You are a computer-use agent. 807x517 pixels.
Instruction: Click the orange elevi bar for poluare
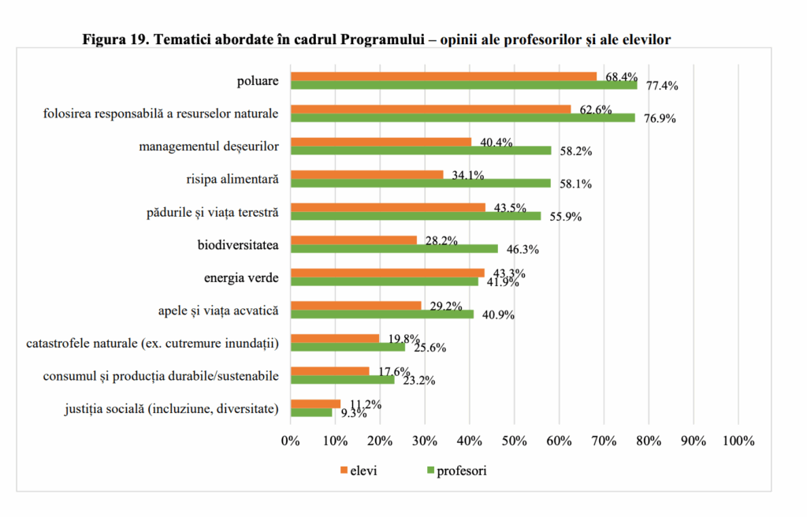pos(444,76)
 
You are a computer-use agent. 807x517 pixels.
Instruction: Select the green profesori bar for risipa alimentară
pos(420,183)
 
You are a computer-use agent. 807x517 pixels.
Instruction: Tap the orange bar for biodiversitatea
pos(353,240)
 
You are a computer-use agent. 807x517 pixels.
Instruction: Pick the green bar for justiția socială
pos(311,412)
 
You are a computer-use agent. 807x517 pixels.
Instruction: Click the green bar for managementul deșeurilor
pos(421,150)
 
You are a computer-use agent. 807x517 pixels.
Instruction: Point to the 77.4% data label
pos(662,86)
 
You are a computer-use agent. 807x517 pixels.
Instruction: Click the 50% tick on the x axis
pos(515,441)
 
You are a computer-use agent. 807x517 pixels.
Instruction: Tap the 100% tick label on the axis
pos(738,441)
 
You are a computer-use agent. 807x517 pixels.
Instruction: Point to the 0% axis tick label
pos(291,441)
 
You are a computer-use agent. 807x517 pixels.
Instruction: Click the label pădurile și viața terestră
pos(213,212)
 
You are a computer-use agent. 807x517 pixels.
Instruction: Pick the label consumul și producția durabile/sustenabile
pos(161,376)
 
